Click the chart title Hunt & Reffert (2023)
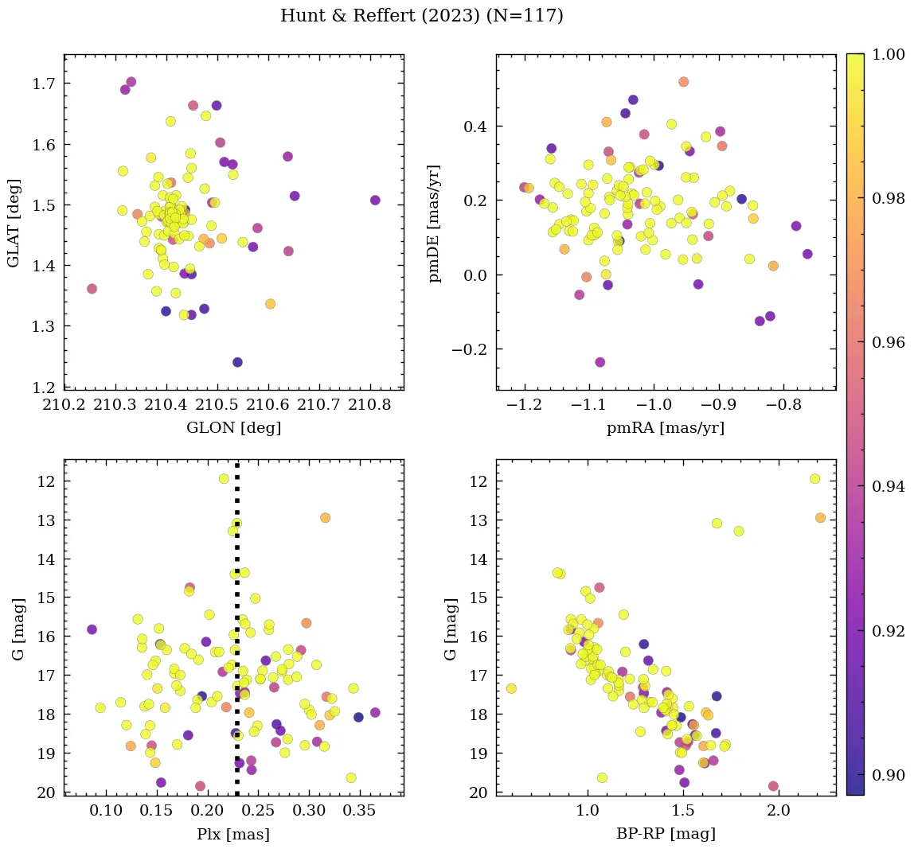[x=421, y=16]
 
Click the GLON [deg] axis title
[x=233, y=428]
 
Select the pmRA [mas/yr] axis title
[x=666, y=428]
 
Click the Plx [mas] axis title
[x=233, y=834]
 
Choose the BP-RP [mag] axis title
[x=666, y=834]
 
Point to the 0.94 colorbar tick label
[x=889, y=486]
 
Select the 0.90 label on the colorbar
[x=889, y=775]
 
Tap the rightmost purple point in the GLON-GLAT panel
[x=375, y=201]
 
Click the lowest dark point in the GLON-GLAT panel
[x=237, y=362]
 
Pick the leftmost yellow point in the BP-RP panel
[x=511, y=688]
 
